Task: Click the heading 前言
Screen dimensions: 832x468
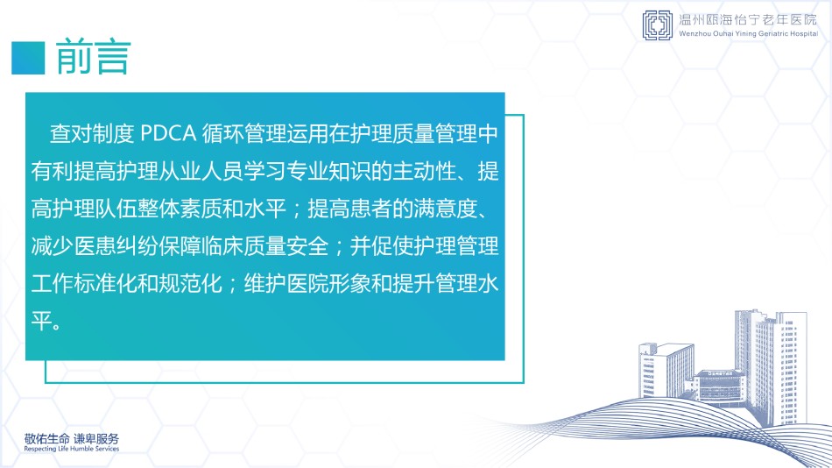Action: pyautogui.click(x=93, y=57)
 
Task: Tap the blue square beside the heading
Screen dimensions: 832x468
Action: pyautogui.click(x=28, y=57)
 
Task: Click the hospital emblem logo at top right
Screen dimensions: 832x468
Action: pyautogui.click(x=658, y=25)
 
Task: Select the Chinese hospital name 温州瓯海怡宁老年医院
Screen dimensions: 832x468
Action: pyautogui.click(x=748, y=20)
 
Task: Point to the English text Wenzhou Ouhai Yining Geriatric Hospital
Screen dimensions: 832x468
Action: pyautogui.click(x=749, y=33)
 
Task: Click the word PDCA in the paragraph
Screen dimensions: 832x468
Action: pyautogui.click(x=168, y=134)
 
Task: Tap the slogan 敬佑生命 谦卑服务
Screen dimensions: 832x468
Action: pyautogui.click(x=72, y=439)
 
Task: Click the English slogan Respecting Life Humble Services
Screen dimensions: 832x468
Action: pyautogui.click(x=72, y=449)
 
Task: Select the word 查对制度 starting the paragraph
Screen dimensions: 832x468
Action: pyautogui.click(x=92, y=134)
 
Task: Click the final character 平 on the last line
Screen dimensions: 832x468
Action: pyautogui.click(x=41, y=321)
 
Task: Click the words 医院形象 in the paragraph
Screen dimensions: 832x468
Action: pyautogui.click(x=328, y=283)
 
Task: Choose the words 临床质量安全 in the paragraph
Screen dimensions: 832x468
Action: pyautogui.click(x=264, y=246)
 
